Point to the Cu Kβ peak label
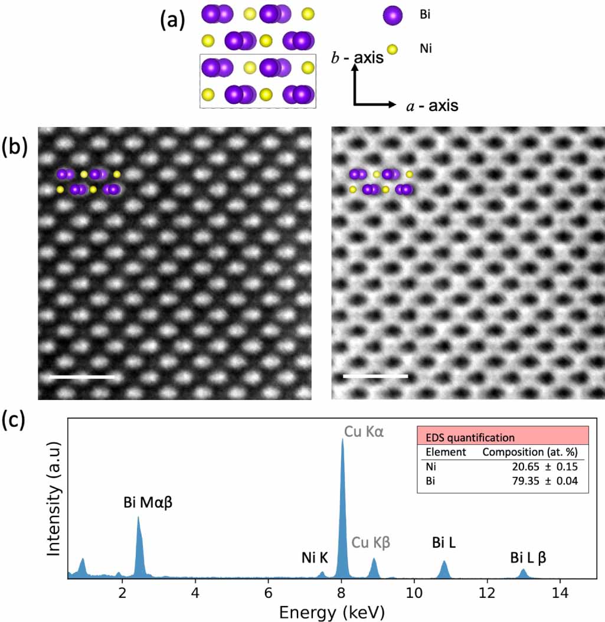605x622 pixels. [x=372, y=542]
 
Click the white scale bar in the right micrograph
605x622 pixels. [x=375, y=375]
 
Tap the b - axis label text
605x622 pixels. [x=357, y=58]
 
